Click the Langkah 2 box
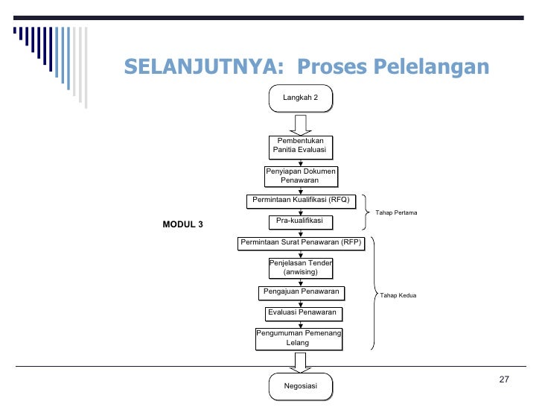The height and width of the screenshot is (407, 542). coord(300,98)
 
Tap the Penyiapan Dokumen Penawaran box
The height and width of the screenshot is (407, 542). coord(300,175)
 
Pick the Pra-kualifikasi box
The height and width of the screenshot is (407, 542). coord(300,221)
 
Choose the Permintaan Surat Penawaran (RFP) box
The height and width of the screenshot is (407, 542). coord(300,242)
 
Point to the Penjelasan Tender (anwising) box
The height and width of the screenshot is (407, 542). coord(300,267)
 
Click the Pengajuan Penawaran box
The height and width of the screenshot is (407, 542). coord(300,291)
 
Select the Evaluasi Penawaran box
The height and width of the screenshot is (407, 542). coord(302,312)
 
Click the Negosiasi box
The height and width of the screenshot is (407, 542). coord(300,385)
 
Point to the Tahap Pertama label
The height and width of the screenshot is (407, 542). coord(396,213)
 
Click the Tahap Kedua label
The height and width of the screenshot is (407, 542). coord(398,296)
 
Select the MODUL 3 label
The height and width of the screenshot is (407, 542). coord(182,224)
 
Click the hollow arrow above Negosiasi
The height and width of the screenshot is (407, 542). coord(300,362)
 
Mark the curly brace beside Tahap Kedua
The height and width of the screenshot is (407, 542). coord(373,294)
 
